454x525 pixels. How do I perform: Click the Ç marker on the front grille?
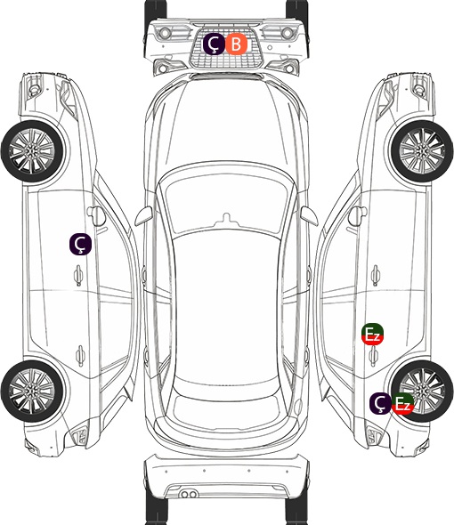[214, 44]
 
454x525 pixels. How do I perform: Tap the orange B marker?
[236, 44]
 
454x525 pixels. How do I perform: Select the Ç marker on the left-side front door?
[80, 244]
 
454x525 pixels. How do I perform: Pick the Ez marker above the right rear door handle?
[372, 334]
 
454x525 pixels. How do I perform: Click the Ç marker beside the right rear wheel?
[380, 403]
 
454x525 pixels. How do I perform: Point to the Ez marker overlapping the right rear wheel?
[402, 403]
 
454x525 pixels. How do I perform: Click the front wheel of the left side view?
[33, 151]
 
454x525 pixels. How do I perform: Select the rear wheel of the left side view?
[33, 391]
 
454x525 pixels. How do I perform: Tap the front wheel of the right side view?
[422, 151]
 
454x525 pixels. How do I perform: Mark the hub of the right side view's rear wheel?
[423, 391]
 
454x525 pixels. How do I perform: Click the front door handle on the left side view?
[78, 276]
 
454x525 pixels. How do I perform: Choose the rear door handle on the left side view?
[80, 355]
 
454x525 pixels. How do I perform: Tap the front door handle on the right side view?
[376, 276]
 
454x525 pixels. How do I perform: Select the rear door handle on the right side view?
[374, 356]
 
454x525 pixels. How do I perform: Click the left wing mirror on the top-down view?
[143, 215]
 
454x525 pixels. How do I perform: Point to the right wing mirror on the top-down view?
[309, 215]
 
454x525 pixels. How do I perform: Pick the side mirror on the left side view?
[96, 215]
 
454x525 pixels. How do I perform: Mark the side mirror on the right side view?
[358, 215]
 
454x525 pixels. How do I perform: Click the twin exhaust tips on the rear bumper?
[189, 494]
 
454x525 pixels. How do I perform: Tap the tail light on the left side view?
[80, 436]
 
